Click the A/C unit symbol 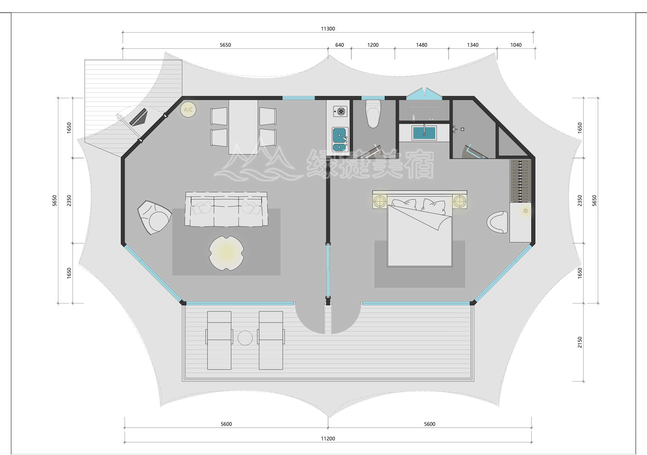click(188, 110)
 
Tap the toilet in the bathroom click(373, 114)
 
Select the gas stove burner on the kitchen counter click(340, 111)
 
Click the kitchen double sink click(340, 139)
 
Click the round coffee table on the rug click(226, 253)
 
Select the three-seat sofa click(226, 210)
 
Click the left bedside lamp click(380, 201)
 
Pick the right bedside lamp click(459, 201)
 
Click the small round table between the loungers click(245, 338)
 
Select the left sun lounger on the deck click(219, 340)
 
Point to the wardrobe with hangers click(520, 181)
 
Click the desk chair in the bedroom click(498, 222)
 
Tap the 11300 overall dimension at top click(328, 29)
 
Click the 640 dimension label click(339, 45)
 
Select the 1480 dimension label click(421, 45)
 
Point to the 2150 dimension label click(580, 342)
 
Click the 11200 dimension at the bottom click(328, 439)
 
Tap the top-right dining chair click(268, 116)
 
